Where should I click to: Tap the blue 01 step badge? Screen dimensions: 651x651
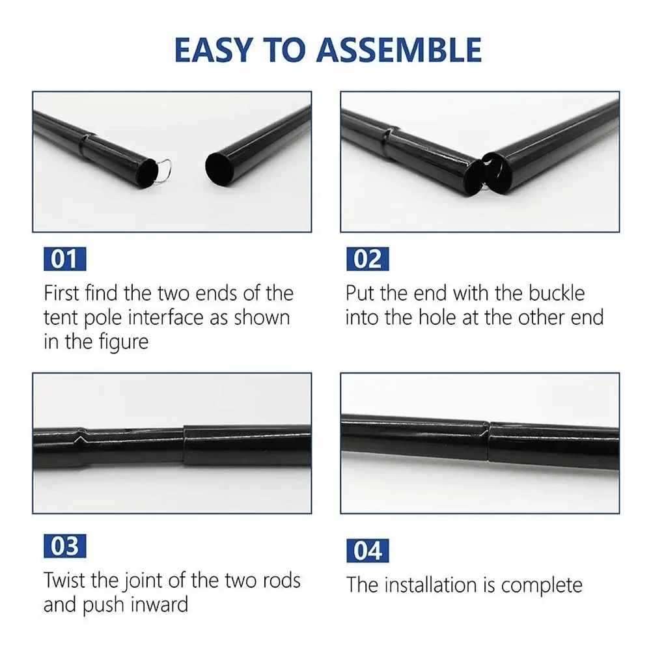[x=64, y=259]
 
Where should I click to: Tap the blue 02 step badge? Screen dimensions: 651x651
[x=368, y=259]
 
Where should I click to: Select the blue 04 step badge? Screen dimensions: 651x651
[x=368, y=550]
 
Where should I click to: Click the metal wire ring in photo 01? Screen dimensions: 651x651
[x=165, y=167]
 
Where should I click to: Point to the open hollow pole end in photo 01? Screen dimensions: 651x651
[x=217, y=169]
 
